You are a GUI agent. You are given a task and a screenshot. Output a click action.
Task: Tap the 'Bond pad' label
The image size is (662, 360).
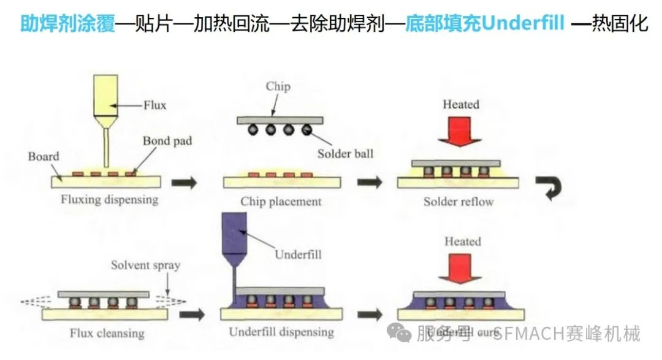tap(167, 141)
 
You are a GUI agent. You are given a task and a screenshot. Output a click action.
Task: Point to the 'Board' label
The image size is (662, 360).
tap(44, 156)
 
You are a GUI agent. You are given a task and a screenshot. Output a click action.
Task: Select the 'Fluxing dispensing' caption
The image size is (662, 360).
tap(109, 199)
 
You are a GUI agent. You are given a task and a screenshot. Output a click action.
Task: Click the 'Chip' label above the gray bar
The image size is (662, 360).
tap(278, 86)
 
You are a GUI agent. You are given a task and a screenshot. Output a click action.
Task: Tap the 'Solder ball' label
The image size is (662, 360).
tap(345, 153)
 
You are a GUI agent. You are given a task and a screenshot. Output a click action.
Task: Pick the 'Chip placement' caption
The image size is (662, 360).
tap(281, 201)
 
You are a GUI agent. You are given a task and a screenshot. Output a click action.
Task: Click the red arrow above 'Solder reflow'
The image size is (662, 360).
tap(460, 131)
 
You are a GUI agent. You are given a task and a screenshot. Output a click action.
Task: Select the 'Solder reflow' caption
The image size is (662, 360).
tap(458, 201)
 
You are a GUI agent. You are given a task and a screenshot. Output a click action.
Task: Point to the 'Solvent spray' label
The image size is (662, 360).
tap(145, 266)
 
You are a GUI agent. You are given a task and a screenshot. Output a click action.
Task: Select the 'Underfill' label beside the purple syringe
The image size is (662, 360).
tap(298, 254)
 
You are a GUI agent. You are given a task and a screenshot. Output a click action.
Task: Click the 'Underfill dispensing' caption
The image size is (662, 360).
tap(281, 332)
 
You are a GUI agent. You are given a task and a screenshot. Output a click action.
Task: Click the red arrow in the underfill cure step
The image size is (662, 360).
tap(461, 268)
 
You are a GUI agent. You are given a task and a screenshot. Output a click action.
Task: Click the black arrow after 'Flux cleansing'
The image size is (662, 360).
tap(194, 315)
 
